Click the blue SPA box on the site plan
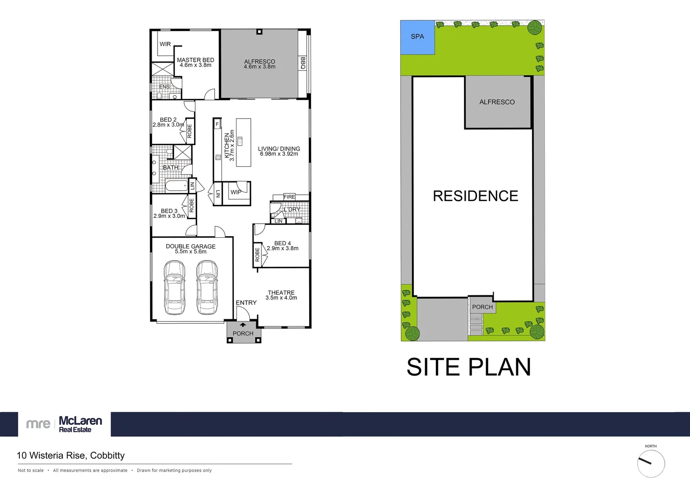[417, 37]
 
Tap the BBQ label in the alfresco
[303, 63]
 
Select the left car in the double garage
[174, 287]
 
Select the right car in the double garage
[207, 287]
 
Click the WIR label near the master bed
[165, 44]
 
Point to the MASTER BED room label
[195, 60]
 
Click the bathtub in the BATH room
[176, 186]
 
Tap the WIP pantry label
[236, 192]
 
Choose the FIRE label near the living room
[289, 197]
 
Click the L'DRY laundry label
[292, 209]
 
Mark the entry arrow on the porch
[243, 325]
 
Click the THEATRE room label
[281, 293]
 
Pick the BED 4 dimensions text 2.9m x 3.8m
[282, 248]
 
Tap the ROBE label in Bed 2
[190, 131]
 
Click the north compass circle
[651, 464]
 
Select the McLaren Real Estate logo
[65, 424]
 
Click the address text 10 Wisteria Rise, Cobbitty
[71, 455]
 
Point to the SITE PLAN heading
[468, 367]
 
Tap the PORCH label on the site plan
[482, 307]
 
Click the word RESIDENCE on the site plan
[475, 196]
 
